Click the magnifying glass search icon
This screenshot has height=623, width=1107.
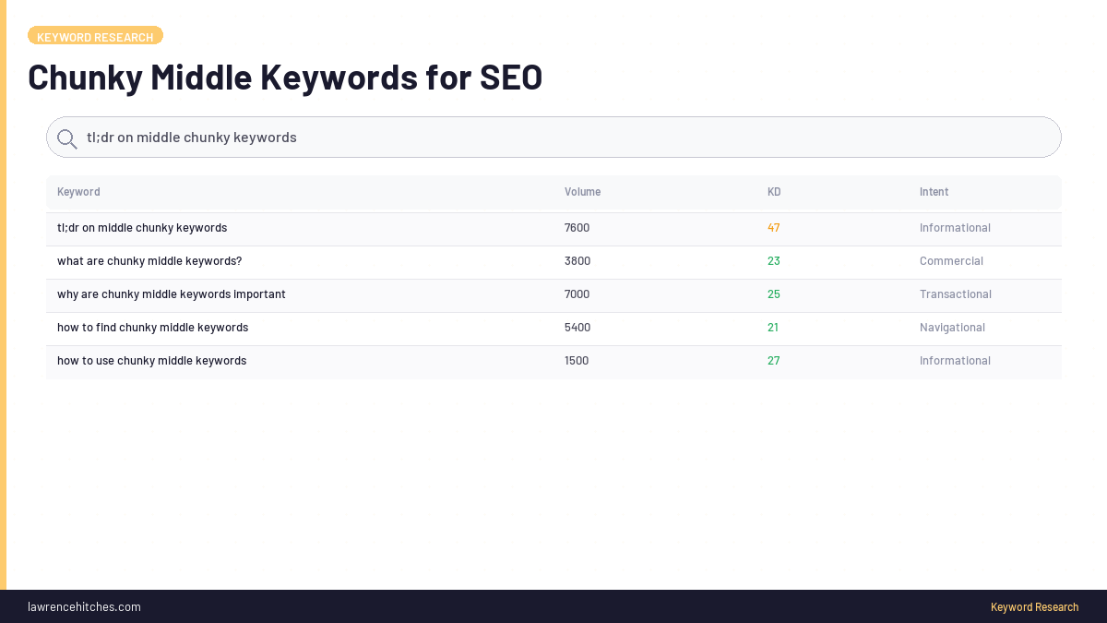[x=66, y=138]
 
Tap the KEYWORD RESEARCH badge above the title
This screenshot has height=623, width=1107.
[x=95, y=37]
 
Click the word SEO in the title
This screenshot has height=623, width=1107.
[x=511, y=78]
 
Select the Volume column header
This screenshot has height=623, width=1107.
[x=582, y=192]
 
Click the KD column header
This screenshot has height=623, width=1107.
[x=774, y=192]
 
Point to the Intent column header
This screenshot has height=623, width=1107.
[x=934, y=192]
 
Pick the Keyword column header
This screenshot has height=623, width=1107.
[x=78, y=192]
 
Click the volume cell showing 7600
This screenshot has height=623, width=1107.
[x=577, y=228]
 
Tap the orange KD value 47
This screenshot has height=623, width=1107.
[x=774, y=228]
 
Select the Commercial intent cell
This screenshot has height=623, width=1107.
[x=951, y=261]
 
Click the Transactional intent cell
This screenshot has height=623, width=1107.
[x=955, y=294]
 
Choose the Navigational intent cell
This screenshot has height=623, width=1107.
[x=952, y=328]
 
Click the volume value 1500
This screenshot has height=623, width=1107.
[x=577, y=361]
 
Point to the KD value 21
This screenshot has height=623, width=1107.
[x=774, y=328]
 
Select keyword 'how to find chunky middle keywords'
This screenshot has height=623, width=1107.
[x=152, y=328]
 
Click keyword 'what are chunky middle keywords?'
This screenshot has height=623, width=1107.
[x=149, y=261]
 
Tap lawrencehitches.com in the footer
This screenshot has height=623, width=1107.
[x=84, y=607]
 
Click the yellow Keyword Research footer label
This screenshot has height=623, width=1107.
[x=1034, y=607]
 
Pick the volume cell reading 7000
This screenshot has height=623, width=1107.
[x=577, y=294]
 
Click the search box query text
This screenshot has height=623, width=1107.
[x=192, y=138]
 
